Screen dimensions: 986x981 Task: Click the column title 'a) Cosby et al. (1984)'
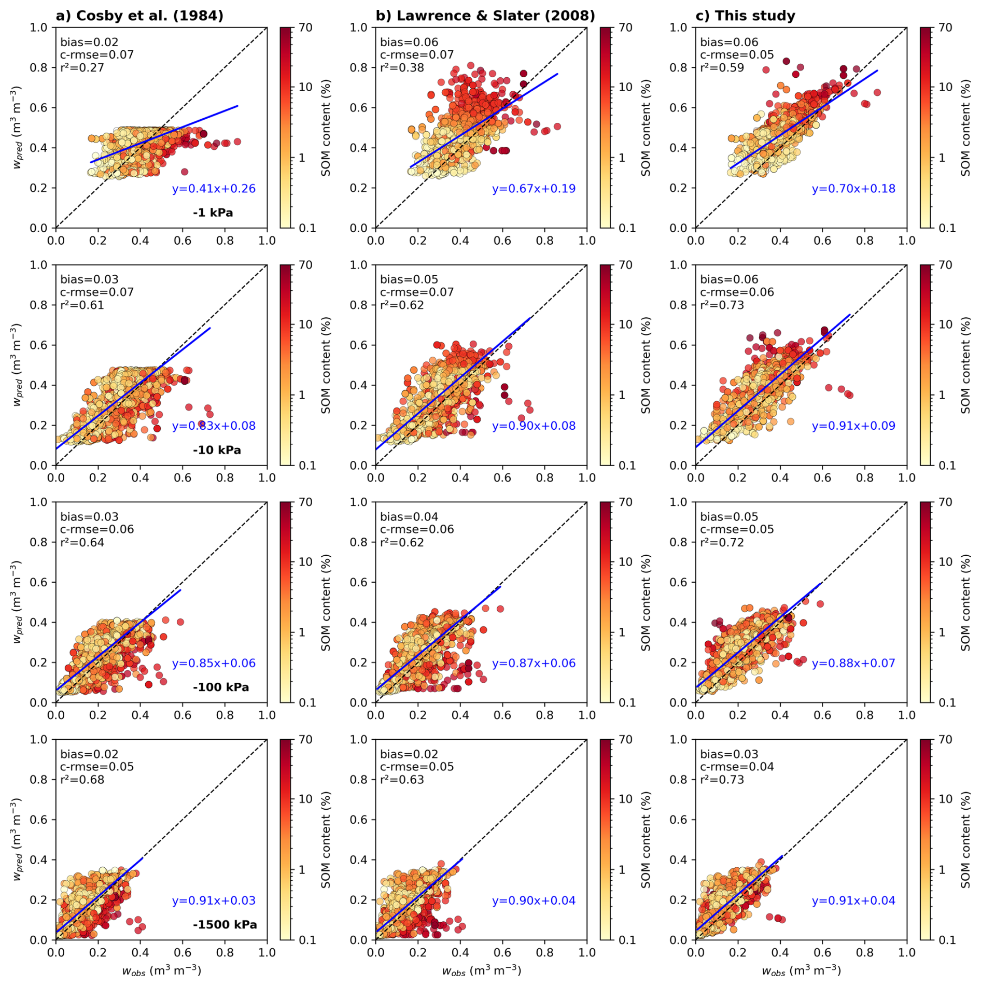pos(139,16)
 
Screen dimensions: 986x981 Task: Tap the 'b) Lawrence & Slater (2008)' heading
pos(485,16)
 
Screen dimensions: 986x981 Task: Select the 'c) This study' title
pos(745,16)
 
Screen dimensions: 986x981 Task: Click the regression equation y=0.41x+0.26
pos(214,189)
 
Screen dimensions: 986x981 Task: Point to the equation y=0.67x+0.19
pos(534,189)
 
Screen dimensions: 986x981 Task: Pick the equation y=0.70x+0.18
pos(853,189)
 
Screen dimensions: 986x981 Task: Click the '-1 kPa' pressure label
pos(213,213)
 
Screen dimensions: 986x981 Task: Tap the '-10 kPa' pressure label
pos(217,450)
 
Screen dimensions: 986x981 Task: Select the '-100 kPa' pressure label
pos(221,687)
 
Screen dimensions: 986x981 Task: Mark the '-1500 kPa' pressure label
pos(225,925)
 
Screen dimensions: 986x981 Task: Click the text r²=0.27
pos(82,68)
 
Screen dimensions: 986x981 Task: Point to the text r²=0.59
pos(722,68)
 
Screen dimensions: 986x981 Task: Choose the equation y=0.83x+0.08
pos(214,426)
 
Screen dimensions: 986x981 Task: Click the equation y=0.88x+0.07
pos(853,664)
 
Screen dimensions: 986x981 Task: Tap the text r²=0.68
pos(82,780)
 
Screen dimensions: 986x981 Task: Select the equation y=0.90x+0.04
pos(534,901)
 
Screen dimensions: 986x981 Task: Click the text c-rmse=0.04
pos(737,767)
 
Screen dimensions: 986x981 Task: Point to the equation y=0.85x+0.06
pos(214,664)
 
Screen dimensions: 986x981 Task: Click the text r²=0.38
pos(402,68)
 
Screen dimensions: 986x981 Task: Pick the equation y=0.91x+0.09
pos(853,426)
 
